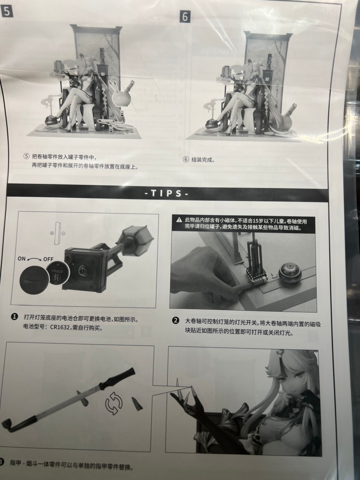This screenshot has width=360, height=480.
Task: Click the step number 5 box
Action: click(7, 12)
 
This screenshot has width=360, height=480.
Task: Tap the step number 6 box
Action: click(185, 17)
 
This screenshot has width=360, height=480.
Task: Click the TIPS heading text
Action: click(166, 193)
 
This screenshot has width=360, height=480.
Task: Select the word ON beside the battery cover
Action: click(22, 259)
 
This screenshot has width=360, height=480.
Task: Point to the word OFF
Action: click(48, 259)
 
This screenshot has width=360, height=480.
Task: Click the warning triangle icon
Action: click(179, 220)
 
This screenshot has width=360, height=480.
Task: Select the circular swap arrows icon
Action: click(114, 403)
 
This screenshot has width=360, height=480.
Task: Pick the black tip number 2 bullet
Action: click(176, 321)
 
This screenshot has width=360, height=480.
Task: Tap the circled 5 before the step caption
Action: click(27, 156)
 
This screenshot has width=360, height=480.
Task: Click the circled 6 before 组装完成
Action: click(186, 159)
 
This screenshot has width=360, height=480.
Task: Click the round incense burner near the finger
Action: click(290, 274)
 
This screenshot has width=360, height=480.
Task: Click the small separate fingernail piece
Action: click(137, 404)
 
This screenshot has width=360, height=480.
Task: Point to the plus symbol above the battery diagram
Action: click(52, 233)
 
